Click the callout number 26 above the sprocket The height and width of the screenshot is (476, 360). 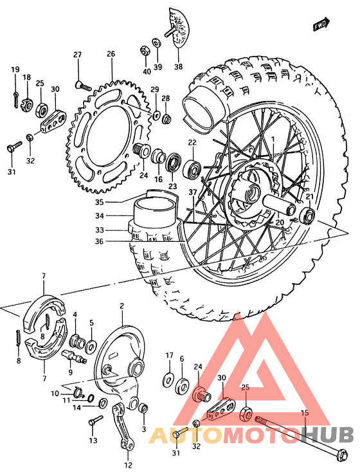pyautogui.click(x=111, y=54)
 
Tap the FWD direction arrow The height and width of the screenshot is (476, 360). pyautogui.click(x=321, y=24)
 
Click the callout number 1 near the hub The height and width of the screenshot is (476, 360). pyautogui.click(x=272, y=139)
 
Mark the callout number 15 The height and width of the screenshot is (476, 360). pyautogui.click(x=305, y=412)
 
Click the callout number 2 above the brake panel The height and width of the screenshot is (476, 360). pyautogui.click(x=122, y=306)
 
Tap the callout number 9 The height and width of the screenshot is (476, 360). pyautogui.click(x=71, y=372)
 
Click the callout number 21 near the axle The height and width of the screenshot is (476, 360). pyautogui.click(x=309, y=196)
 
